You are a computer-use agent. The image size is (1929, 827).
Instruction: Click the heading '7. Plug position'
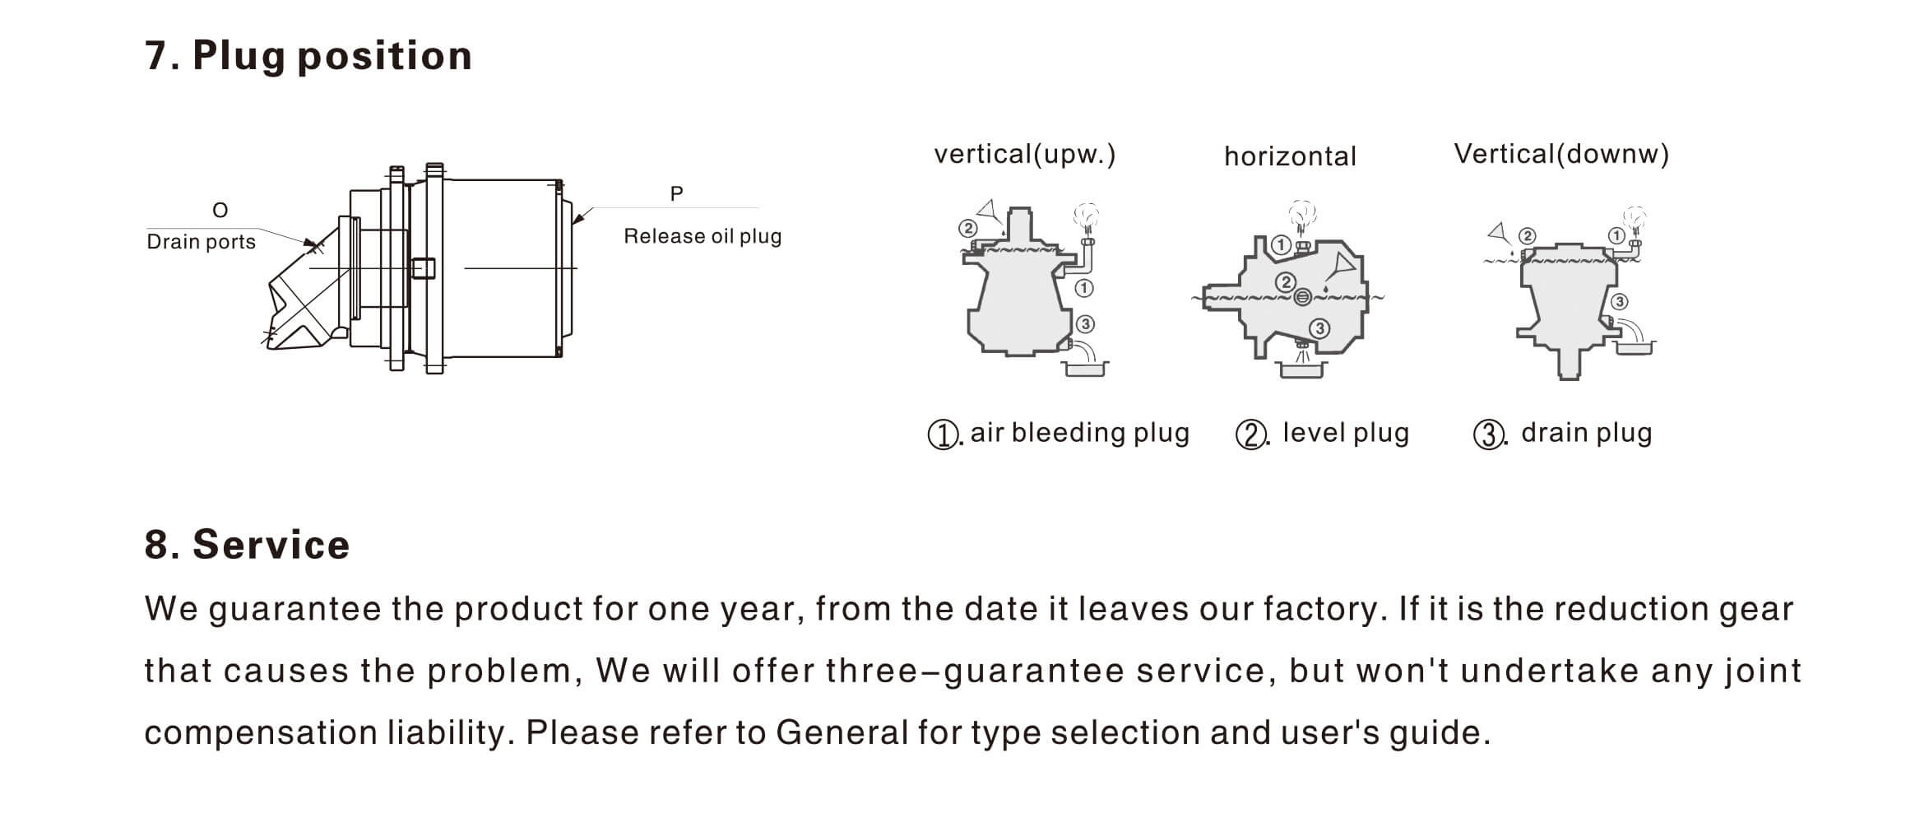(308, 56)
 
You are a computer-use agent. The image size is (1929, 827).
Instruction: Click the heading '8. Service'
(247, 545)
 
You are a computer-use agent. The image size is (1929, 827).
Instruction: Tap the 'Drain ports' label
(201, 242)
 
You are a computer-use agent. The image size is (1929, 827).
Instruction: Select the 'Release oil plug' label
(703, 236)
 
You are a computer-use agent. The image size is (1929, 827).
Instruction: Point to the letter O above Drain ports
(220, 211)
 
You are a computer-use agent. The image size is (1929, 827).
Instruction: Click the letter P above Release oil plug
(676, 194)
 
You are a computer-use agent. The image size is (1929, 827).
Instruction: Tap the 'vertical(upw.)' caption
(1024, 155)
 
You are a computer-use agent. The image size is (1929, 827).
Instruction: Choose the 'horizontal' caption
(1290, 156)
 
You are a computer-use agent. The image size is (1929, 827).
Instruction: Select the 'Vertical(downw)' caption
(1561, 155)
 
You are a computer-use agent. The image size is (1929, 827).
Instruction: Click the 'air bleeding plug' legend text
(1079, 433)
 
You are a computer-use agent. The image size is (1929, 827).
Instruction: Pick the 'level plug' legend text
(1346, 433)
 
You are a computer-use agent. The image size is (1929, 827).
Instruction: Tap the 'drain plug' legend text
(1586, 433)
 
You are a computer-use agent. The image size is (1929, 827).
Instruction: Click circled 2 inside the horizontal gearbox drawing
(1286, 282)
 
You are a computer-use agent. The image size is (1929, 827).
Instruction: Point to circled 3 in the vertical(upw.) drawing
(1085, 324)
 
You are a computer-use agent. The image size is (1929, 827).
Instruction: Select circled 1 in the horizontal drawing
(1281, 244)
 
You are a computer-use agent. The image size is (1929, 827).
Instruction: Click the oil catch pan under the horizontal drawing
(1302, 369)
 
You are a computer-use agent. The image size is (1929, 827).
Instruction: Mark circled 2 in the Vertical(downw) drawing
(1527, 236)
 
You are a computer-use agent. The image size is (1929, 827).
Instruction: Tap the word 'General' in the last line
(842, 732)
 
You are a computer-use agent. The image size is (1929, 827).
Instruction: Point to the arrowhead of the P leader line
(576, 221)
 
